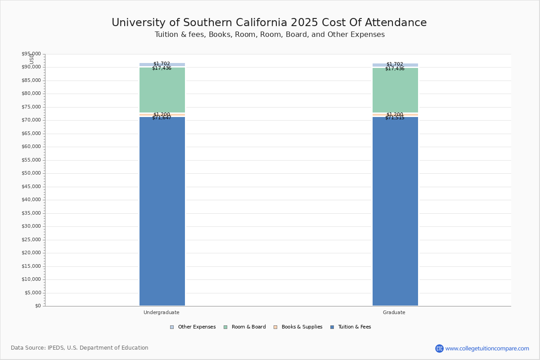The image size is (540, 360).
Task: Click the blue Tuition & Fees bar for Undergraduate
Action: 162,211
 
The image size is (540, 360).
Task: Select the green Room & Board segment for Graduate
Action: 395,90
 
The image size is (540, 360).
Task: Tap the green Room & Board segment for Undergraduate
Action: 162,90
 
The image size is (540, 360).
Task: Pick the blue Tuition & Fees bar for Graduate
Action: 395,211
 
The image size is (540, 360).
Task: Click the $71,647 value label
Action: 162,118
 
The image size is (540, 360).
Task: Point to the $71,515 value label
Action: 395,118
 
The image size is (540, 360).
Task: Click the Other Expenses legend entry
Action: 193,327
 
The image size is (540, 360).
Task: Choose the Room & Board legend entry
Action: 245,327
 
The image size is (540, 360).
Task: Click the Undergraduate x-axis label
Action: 162,312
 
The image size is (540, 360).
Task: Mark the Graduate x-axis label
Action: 394,312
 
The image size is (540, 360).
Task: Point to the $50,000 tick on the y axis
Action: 31,173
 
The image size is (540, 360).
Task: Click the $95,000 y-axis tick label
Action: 31,54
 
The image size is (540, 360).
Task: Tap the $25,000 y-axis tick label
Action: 31,239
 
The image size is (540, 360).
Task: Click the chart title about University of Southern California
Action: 269,23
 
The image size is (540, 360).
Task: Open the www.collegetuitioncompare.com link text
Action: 487,348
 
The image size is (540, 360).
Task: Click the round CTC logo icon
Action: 439,348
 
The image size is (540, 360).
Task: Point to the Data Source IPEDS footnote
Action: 80,348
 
